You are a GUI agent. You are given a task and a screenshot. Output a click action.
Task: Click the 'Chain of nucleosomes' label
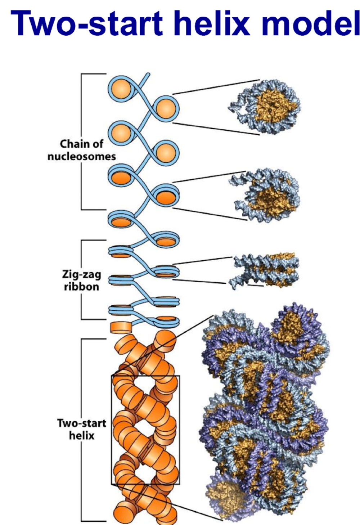click(x=82, y=150)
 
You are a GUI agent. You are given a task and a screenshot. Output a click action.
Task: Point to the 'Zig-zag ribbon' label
click(x=81, y=281)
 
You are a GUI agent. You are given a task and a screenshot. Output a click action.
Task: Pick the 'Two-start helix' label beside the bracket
click(x=82, y=429)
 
